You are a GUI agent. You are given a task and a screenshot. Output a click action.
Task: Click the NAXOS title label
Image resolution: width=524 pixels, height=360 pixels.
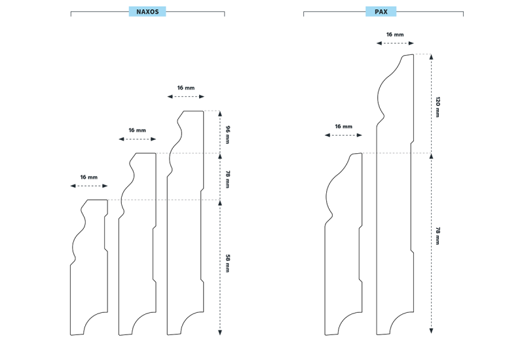click(147, 12)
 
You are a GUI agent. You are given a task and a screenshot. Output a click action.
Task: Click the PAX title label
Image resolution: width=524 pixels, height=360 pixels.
click(381, 12)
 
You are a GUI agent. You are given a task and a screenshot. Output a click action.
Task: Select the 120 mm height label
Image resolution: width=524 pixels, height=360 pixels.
click(438, 106)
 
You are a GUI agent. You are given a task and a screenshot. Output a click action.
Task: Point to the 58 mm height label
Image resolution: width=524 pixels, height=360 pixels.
click(228, 263)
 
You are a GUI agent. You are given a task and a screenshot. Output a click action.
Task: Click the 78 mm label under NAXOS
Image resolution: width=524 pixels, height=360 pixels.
click(228, 179)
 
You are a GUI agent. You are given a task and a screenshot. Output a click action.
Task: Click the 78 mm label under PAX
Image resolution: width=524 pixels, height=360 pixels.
click(438, 236)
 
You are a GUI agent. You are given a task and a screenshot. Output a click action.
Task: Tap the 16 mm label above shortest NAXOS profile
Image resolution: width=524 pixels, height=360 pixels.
click(89, 177)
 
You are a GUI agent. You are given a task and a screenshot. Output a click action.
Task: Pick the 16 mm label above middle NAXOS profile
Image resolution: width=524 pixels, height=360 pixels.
click(138, 130)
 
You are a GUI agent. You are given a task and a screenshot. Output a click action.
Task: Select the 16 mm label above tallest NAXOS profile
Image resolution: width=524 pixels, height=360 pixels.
click(186, 88)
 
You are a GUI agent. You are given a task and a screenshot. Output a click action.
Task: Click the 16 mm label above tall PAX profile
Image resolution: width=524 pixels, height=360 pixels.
click(395, 35)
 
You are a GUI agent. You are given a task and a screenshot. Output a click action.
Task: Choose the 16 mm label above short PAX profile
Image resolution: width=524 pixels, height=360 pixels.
click(343, 126)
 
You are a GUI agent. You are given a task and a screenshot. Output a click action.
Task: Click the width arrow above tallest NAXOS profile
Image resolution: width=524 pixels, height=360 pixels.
click(186, 97)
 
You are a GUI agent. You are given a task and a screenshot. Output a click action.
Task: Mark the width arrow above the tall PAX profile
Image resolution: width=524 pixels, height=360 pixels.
click(395, 44)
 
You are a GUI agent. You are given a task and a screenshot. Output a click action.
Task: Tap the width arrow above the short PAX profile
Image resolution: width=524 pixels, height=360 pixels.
click(343, 135)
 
